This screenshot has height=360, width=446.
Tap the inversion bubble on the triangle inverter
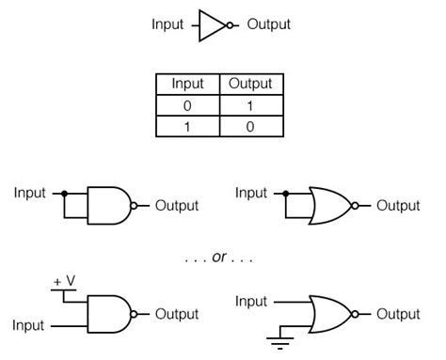click(x=230, y=25)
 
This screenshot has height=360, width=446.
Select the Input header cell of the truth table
click(x=188, y=84)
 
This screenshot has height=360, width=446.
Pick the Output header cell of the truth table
click(x=251, y=84)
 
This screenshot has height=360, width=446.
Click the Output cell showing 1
click(x=251, y=105)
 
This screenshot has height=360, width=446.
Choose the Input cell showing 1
click(x=188, y=126)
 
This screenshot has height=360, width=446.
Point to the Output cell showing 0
click(x=251, y=126)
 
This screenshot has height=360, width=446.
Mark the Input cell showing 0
click(x=188, y=105)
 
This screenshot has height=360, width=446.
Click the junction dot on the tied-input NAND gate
click(x=64, y=194)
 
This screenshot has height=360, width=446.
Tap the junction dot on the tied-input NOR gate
click(x=285, y=194)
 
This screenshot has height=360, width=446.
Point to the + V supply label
click(x=64, y=281)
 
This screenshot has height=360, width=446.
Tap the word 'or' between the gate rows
click(x=219, y=258)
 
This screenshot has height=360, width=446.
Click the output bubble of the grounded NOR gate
click(x=355, y=314)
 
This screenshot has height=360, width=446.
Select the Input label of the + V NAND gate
click(x=28, y=326)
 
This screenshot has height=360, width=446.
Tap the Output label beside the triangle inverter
click(x=269, y=24)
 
